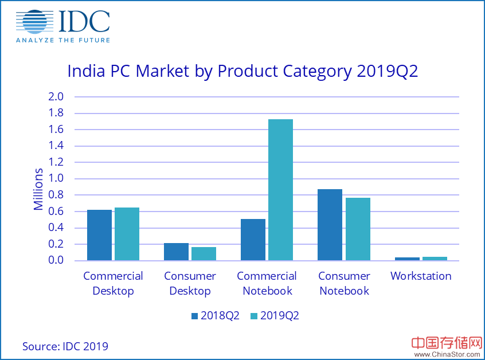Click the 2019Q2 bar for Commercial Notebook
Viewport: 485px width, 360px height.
coord(280,190)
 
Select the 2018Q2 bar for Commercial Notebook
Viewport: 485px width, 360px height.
coord(253,240)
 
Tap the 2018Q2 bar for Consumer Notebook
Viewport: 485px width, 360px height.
coord(330,225)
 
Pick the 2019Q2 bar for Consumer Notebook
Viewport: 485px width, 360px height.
coord(358,229)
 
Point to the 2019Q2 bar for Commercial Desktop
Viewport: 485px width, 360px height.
coord(127,234)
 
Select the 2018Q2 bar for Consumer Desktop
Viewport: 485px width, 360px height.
coord(176,252)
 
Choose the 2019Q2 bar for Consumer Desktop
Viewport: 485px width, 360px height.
coord(204,253)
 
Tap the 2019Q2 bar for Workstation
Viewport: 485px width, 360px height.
coord(435,259)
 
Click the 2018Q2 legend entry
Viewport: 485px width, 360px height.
coord(215,316)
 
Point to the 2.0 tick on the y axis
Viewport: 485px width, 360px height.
coord(56,96)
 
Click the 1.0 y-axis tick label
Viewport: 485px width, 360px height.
coord(56,179)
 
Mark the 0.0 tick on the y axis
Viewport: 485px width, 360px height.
coord(56,261)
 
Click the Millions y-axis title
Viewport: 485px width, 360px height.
coord(38,189)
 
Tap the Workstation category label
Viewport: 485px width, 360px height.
coord(421,276)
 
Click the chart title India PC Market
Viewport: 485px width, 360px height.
coord(242,72)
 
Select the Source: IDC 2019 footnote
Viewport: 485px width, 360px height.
coord(65,346)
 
